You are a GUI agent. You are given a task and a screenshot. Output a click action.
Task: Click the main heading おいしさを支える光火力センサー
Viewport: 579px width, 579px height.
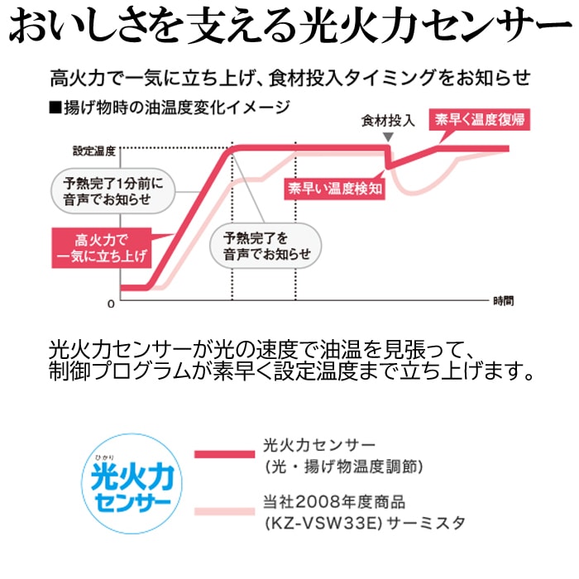(x=289, y=25)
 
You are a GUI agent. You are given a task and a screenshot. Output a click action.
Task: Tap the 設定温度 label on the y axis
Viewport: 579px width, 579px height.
(x=94, y=151)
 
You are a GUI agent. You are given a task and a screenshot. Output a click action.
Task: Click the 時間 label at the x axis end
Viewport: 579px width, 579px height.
(x=504, y=301)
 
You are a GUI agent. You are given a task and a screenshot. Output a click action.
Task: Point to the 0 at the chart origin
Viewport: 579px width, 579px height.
(x=111, y=304)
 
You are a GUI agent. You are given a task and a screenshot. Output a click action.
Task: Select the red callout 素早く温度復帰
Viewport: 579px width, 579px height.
(x=479, y=119)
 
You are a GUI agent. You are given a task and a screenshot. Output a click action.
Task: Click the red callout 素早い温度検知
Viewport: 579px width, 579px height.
(x=334, y=189)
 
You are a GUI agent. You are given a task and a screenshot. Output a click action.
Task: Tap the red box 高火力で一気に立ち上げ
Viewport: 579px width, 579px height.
(x=102, y=248)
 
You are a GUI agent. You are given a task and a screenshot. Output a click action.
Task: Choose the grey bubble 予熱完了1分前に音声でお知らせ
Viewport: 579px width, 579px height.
(x=112, y=191)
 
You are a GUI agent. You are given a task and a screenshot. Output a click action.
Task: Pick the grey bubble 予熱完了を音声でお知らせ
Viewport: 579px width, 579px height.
(x=266, y=246)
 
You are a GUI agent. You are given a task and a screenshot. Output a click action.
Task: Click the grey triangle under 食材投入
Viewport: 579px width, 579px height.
(x=388, y=137)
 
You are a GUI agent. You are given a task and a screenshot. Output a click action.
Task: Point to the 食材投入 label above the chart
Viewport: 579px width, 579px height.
(x=388, y=121)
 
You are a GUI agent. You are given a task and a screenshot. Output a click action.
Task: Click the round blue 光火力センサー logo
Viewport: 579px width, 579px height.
(x=132, y=483)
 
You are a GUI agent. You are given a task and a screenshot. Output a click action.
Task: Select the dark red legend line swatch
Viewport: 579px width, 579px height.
(x=224, y=454)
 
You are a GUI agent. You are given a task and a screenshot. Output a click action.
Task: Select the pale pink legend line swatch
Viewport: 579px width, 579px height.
(x=224, y=511)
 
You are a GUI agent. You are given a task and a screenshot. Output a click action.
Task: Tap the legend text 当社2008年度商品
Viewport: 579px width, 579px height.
(x=334, y=502)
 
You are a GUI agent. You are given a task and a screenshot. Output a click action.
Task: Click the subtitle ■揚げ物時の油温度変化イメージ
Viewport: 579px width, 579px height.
(x=170, y=108)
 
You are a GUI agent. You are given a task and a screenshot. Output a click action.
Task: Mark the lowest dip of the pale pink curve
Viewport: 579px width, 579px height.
(x=413, y=193)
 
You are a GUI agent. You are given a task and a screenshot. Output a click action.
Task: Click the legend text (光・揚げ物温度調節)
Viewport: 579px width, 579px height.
(x=344, y=467)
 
